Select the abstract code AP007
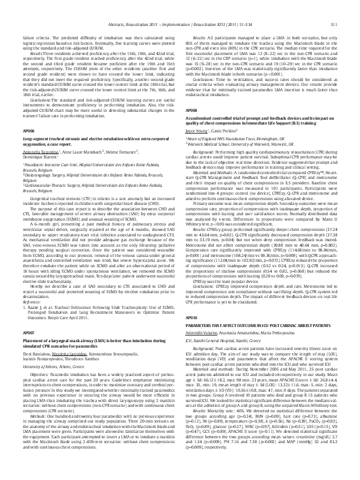(x=28, y=316)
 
